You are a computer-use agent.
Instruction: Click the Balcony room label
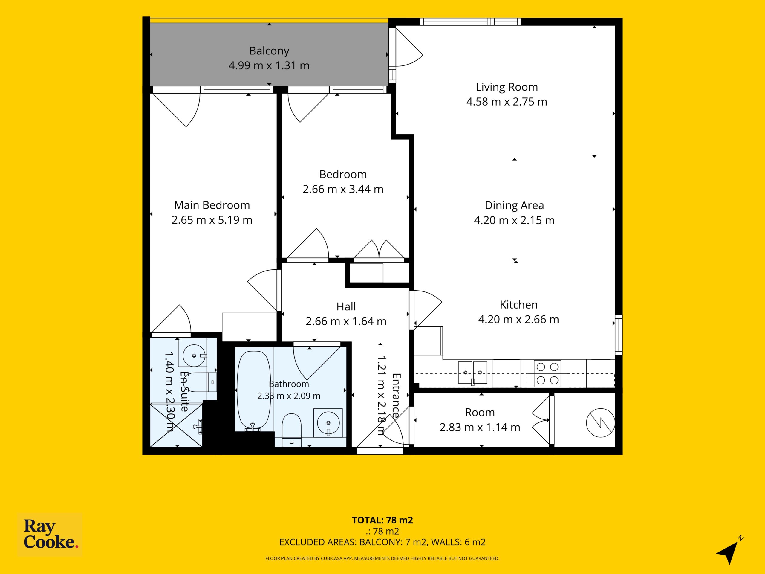tap(269, 51)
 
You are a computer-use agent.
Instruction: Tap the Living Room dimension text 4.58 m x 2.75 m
tap(507, 102)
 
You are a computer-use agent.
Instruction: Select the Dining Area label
tap(514, 205)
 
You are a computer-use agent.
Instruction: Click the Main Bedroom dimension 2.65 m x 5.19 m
tap(212, 220)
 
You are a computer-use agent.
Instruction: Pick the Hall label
tap(346, 306)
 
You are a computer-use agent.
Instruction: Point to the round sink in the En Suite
tap(194, 355)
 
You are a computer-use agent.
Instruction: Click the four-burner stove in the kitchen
tap(547, 373)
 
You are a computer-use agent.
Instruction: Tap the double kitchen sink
tap(473, 373)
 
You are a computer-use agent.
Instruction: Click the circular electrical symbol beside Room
tap(601, 422)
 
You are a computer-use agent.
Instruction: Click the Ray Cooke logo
tap(50, 535)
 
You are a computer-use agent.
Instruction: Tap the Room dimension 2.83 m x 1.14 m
tap(480, 428)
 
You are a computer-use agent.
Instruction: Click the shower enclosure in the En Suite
tap(176, 425)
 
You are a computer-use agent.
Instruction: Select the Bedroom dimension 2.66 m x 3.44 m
tap(343, 189)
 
